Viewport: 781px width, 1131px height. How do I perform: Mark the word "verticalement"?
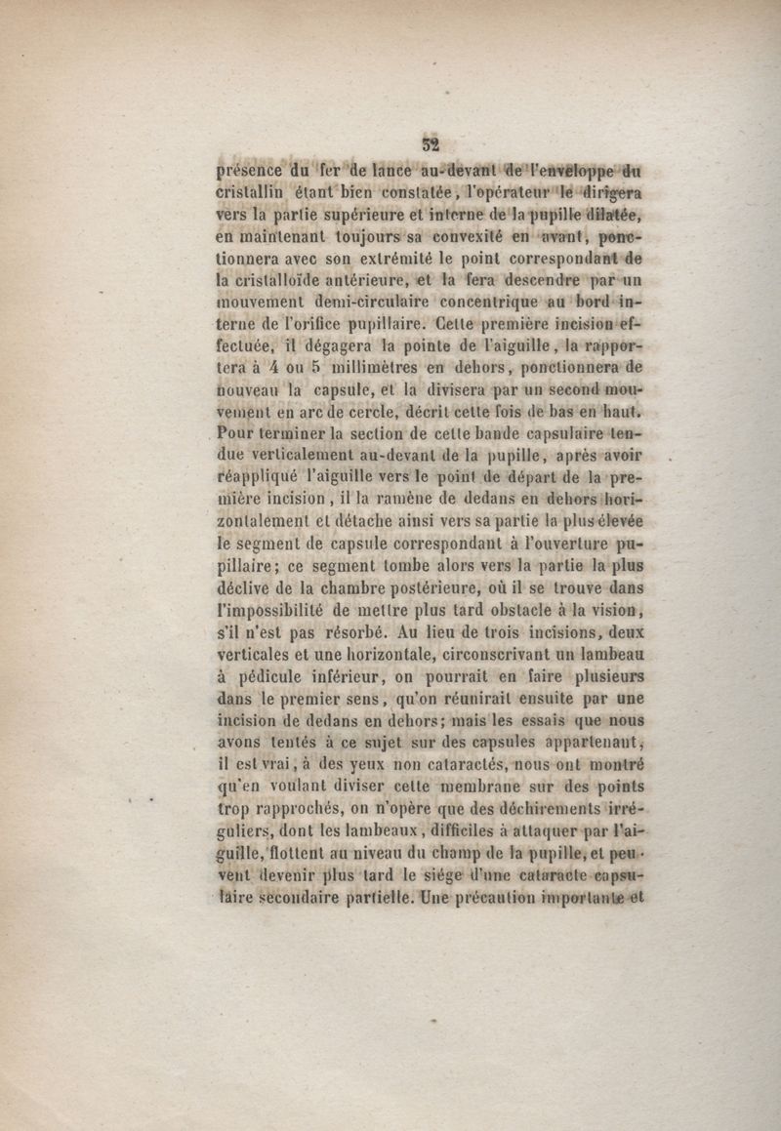click(x=301, y=455)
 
